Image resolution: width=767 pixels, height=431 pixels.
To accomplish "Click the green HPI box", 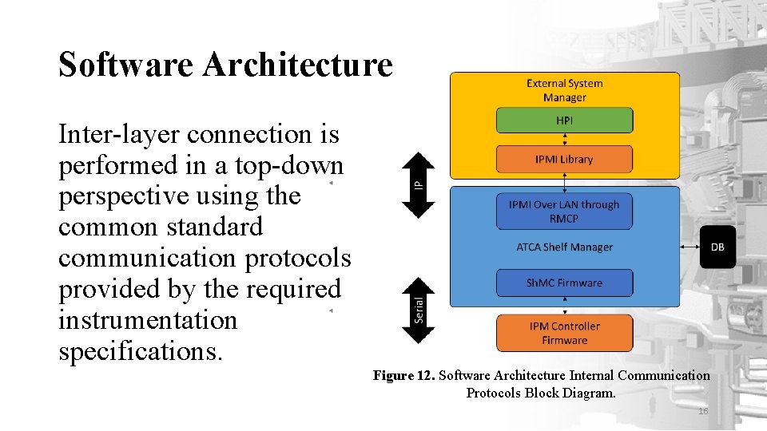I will pyautogui.click(x=564, y=121).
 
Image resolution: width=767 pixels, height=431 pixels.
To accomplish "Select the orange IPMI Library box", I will pyautogui.click(x=564, y=159).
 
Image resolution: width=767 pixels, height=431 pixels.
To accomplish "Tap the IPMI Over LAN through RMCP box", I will pyautogui.click(x=564, y=212).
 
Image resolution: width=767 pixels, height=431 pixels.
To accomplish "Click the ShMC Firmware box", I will pyautogui.click(x=564, y=283).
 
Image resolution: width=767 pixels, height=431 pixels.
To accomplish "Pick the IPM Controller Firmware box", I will pyautogui.click(x=564, y=333).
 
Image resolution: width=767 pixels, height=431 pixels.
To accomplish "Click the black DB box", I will pyautogui.click(x=717, y=247).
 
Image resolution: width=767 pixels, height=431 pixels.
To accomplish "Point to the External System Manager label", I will pyautogui.click(x=564, y=90).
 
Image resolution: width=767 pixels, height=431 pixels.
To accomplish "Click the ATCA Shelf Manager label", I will pyautogui.click(x=564, y=247).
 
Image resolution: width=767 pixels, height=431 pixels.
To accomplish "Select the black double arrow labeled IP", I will pyautogui.click(x=417, y=184).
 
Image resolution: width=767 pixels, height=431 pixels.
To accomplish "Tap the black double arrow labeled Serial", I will pyautogui.click(x=418, y=309).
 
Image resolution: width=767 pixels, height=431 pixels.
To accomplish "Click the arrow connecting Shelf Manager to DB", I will pyautogui.click(x=690, y=247).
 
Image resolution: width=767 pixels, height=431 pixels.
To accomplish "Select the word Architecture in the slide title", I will pyautogui.click(x=297, y=65).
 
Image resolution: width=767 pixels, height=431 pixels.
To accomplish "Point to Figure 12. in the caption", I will pyautogui.click(x=403, y=375).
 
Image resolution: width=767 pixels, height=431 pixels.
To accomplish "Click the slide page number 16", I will pyautogui.click(x=703, y=411).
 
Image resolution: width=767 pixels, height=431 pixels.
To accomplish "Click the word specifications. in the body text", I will pyautogui.click(x=139, y=351).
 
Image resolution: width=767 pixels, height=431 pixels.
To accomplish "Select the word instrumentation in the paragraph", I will pyautogui.click(x=148, y=320).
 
